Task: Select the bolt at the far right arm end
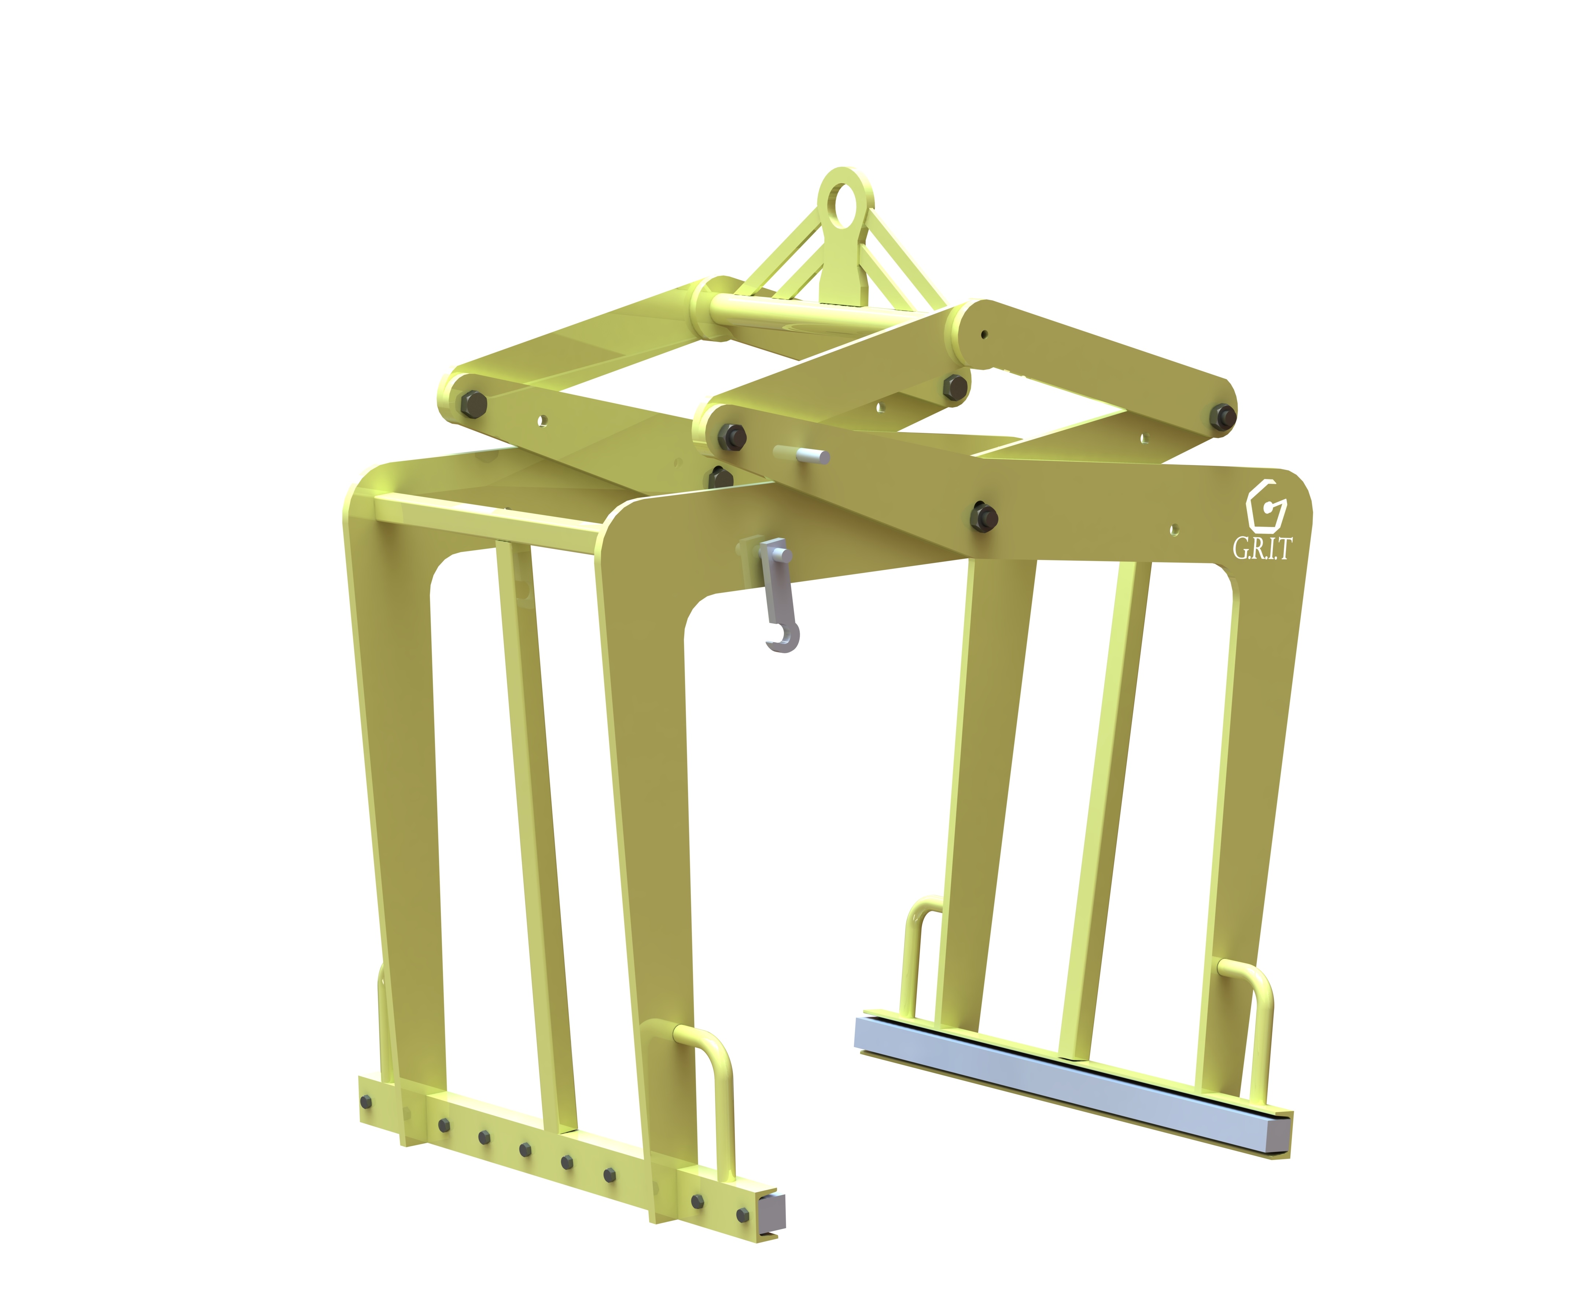click(1223, 417)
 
